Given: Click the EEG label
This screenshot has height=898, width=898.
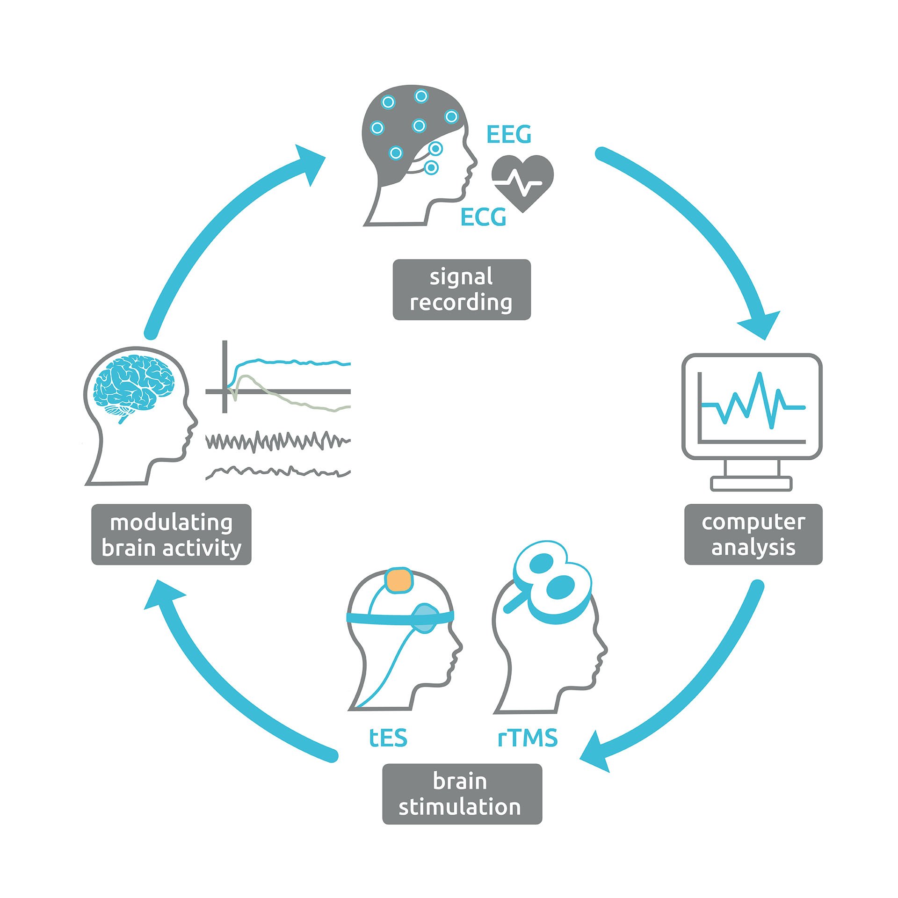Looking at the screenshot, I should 509,135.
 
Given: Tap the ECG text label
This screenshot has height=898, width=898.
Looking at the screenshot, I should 483,217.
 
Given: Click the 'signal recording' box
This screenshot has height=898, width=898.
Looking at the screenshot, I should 461,290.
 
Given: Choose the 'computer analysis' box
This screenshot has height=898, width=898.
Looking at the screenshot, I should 753,534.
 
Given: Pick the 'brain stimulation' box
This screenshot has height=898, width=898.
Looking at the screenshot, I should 462,794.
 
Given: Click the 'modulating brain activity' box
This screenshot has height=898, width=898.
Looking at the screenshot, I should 171,535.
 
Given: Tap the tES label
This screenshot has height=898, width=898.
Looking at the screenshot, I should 388,738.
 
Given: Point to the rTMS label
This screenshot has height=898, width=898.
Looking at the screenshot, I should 528,738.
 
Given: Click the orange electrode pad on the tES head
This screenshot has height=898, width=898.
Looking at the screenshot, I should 398,580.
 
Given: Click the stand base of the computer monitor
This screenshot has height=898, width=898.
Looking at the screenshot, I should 751,483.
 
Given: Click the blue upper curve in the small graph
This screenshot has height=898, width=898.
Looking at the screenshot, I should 290,362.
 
